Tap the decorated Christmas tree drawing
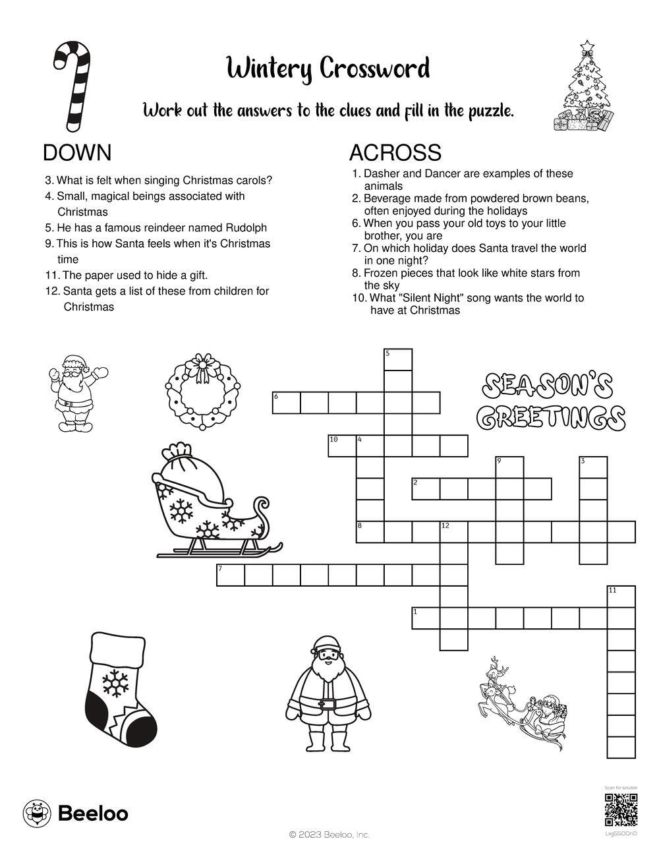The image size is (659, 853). (586, 86)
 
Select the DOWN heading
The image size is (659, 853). (77, 153)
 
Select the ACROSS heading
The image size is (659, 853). (395, 153)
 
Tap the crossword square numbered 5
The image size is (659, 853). (398, 360)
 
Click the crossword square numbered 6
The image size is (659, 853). (287, 403)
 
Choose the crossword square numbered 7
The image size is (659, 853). (231, 575)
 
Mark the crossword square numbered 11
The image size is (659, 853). (621, 597)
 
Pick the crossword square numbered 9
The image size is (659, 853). (509, 467)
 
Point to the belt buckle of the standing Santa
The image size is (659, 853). (327, 704)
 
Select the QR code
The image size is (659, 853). (621, 810)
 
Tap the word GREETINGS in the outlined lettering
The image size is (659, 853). (550, 417)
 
